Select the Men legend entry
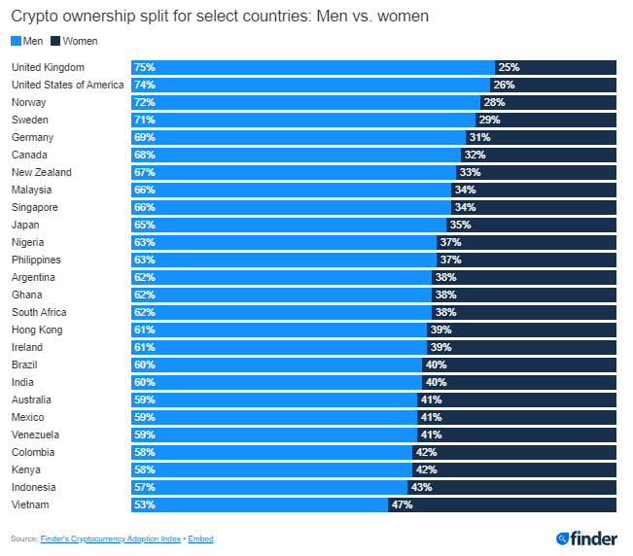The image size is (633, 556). click(x=29, y=41)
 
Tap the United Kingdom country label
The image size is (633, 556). click(x=48, y=67)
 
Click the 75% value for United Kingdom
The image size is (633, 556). click(x=145, y=67)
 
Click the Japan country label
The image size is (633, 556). click(x=24, y=225)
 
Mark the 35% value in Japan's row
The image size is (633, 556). click(x=461, y=225)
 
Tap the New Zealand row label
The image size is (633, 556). click(x=41, y=172)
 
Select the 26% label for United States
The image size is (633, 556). click(x=504, y=85)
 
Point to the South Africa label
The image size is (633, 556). click(x=38, y=312)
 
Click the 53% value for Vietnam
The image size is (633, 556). click(x=145, y=504)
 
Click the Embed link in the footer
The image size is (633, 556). click(x=200, y=539)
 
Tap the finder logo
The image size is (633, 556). click(x=586, y=538)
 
